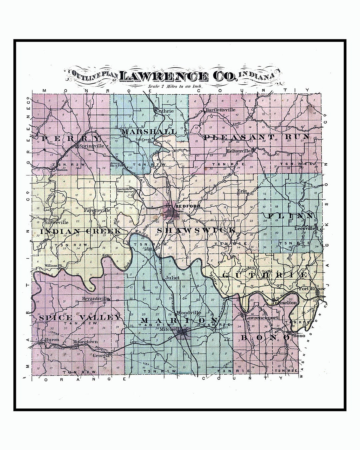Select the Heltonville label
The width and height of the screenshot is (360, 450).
(238, 151)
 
